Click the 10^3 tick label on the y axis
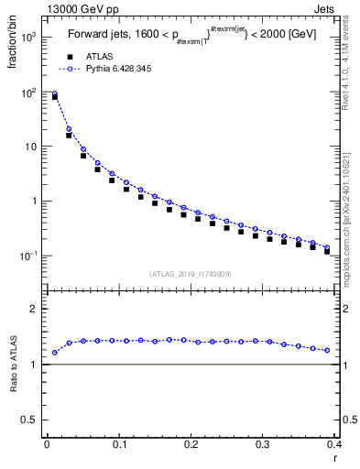tap(29, 38)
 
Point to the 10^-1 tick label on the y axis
tap(29, 256)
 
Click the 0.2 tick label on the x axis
tap(191, 443)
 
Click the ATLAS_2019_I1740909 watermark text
tap(191, 274)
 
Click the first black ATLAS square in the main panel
tap(54, 96)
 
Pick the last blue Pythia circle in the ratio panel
tap(327, 351)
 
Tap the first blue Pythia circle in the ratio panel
tap(54, 353)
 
